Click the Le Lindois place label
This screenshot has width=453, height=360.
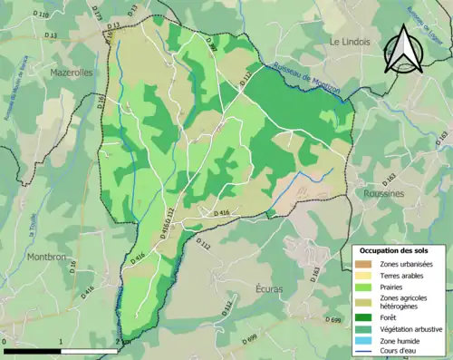click(351, 42)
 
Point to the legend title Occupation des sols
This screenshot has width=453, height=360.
click(395, 249)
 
